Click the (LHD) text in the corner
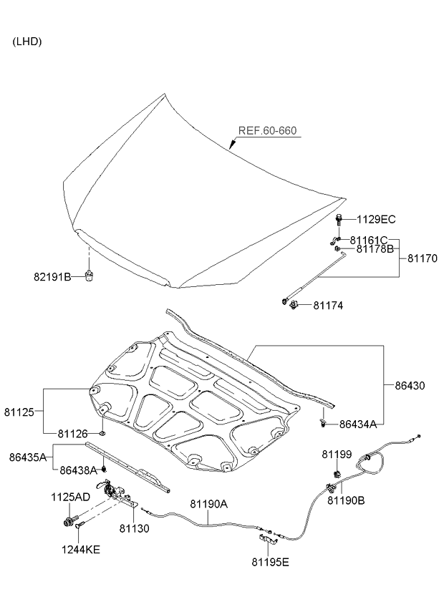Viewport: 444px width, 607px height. coord(27,42)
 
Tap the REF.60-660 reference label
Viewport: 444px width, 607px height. coord(267,131)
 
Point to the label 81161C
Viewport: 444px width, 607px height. coord(369,240)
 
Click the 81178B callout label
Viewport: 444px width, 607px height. coord(375,249)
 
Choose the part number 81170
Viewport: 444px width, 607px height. coord(423,258)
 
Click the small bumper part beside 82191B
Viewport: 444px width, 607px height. coord(90,276)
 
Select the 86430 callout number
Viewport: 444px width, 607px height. coord(410,385)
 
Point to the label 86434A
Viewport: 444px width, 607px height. coord(358,424)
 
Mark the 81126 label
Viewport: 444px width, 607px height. coord(73,433)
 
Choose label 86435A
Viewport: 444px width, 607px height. coord(28,457)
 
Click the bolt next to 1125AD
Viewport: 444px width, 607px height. coord(71,519)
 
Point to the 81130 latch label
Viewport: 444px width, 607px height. coord(134,528)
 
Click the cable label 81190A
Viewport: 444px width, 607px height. coord(208,504)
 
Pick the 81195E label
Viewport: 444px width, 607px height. coord(271,562)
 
